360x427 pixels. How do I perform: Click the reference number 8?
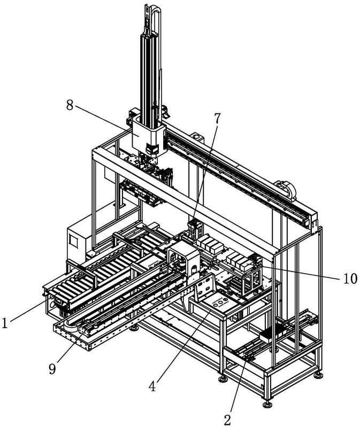(70, 105)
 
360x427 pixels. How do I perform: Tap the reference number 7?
(217, 118)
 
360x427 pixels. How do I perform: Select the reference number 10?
(350, 278)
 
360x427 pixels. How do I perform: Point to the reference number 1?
(5, 323)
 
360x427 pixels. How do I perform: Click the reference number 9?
(52, 369)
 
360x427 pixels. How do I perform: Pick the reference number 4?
(152, 386)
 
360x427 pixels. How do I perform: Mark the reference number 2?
(227, 420)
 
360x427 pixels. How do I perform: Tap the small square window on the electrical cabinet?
(73, 241)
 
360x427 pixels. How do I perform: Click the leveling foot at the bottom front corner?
(267, 405)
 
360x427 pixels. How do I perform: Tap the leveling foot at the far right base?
(318, 376)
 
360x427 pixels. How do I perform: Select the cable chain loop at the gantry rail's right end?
(286, 189)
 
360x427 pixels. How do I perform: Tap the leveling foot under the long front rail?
(134, 328)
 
